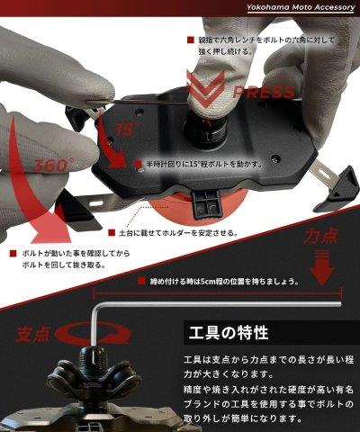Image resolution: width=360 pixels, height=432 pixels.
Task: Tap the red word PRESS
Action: pos(263,92)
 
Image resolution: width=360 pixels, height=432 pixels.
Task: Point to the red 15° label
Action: pos(129,129)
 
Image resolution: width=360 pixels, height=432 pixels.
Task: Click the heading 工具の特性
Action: pos(227,333)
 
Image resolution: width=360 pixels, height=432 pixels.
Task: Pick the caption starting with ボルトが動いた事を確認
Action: pos(67,260)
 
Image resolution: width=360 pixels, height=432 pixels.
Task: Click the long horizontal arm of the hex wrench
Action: pos(216,303)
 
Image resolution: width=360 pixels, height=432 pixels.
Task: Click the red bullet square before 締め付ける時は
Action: pos(142,282)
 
